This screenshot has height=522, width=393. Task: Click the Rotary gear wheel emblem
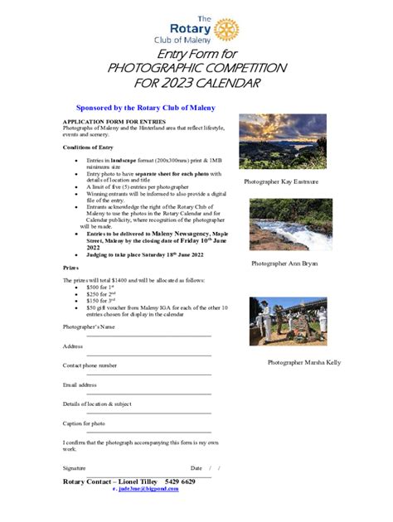click(226, 30)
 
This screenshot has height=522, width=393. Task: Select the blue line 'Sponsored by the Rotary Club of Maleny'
click(145, 108)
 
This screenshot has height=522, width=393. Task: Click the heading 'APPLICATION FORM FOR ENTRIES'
click(109, 122)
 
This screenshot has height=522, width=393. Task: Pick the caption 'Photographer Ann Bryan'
click(284, 263)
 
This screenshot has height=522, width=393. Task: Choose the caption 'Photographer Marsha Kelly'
click(303, 363)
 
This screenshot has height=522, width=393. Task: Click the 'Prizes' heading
click(71, 268)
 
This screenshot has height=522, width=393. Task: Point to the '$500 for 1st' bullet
click(90, 287)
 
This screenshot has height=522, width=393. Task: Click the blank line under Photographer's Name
click(149, 336)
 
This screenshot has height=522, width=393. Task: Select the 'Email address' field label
click(80, 384)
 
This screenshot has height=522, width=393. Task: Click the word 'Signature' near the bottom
click(75, 468)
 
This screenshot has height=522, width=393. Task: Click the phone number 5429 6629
click(180, 481)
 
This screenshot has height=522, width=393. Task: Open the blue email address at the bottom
click(145, 489)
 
